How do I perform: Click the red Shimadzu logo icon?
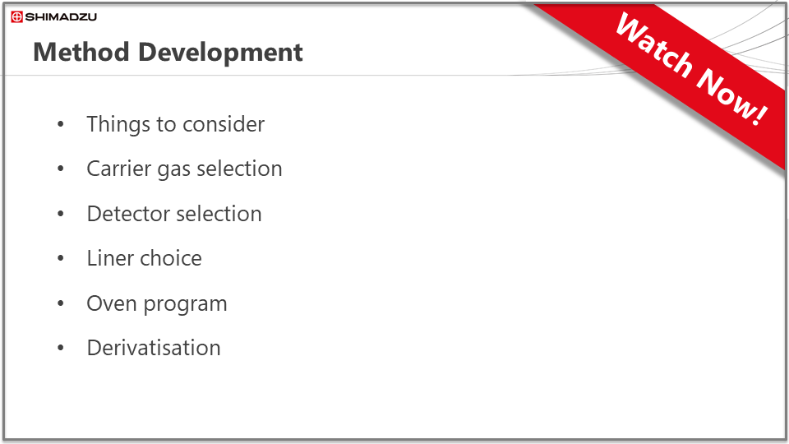(16, 17)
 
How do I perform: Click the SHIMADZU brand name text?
(61, 17)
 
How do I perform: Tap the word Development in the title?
(220, 53)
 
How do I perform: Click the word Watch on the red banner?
(654, 46)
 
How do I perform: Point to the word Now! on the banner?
(732, 96)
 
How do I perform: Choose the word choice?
(171, 258)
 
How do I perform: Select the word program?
(186, 305)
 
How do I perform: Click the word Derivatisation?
(154, 348)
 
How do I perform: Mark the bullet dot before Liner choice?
(61, 259)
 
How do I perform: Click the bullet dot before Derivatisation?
(61, 348)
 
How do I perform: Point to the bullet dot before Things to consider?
(61, 124)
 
